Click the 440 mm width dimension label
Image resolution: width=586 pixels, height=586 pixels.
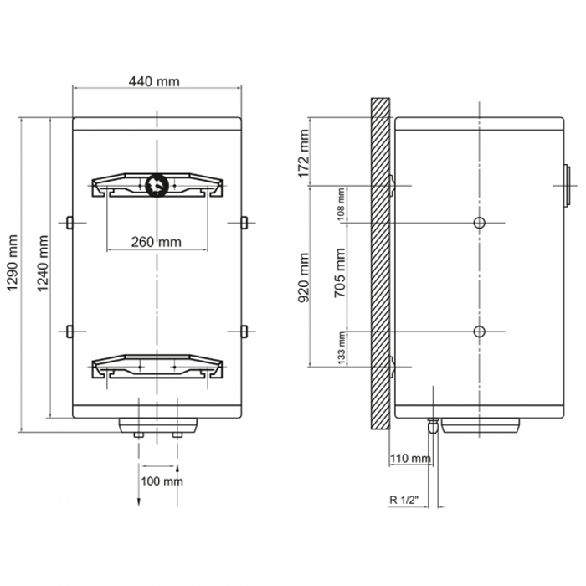pyautogui.click(x=154, y=81)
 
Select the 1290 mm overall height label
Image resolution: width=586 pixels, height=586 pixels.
pyautogui.click(x=13, y=262)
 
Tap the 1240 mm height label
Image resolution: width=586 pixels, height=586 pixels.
pyautogui.click(x=43, y=263)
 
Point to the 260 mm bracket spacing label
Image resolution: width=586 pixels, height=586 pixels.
pyautogui.click(x=157, y=242)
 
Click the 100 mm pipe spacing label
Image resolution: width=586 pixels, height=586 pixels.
pyautogui.click(x=162, y=481)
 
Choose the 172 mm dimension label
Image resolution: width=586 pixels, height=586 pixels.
pyautogui.click(x=304, y=153)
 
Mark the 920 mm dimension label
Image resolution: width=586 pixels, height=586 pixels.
pyautogui.click(x=304, y=278)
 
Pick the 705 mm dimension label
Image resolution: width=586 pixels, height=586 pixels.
pyautogui.click(x=340, y=273)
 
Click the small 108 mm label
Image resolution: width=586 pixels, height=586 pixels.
pyautogui.click(x=341, y=204)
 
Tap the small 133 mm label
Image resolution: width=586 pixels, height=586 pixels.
pyautogui.click(x=341, y=347)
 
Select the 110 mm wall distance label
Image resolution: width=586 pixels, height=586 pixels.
pyautogui.click(x=410, y=458)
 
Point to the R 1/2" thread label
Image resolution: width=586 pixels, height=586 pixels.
pyautogui.click(x=404, y=500)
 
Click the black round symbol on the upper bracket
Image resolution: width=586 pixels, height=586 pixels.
pyautogui.click(x=157, y=185)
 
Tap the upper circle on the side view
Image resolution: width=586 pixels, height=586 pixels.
pyautogui.click(x=479, y=224)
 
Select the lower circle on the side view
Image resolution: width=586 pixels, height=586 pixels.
pyautogui.click(x=479, y=332)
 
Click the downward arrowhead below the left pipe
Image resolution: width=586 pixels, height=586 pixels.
pyautogui.click(x=139, y=502)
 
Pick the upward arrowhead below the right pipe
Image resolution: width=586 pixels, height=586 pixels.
pyautogui.click(x=177, y=468)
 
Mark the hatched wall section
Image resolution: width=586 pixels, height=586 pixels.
pyautogui.click(x=380, y=264)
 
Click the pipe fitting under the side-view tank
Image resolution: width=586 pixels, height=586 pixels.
pyautogui.click(x=433, y=425)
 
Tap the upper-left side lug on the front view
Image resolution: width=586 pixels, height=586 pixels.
pyautogui.click(x=69, y=223)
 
